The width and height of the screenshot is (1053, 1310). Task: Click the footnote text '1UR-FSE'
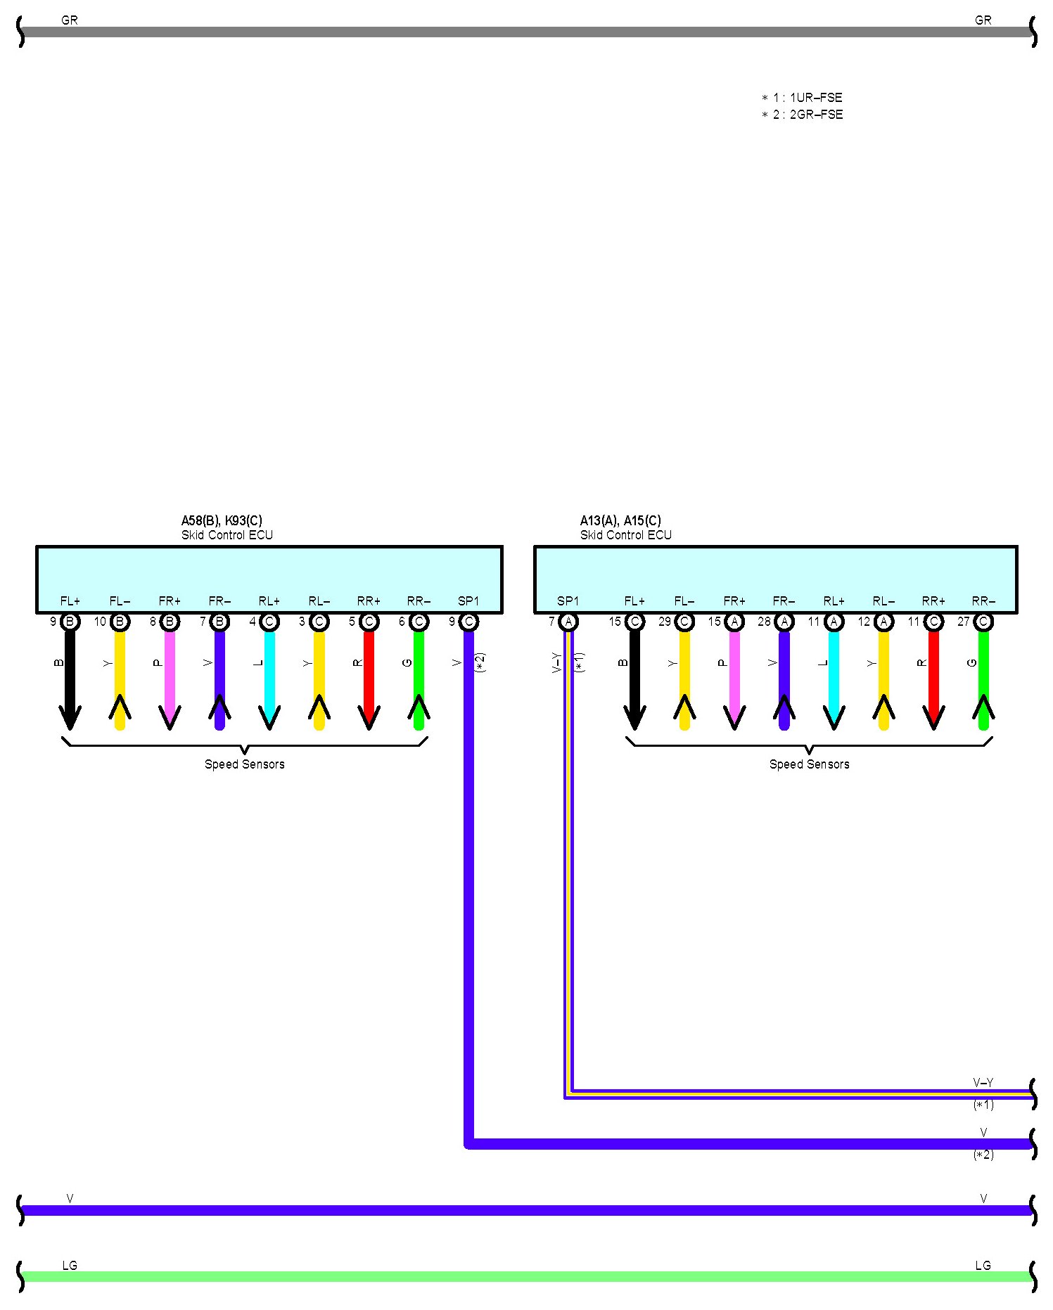pyautogui.click(x=816, y=98)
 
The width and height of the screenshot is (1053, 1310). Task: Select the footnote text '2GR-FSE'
pyautogui.click(x=816, y=115)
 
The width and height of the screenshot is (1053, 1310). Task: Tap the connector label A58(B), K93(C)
pyautogui.click(x=222, y=520)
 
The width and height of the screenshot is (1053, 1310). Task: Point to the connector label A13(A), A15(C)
pyautogui.click(x=620, y=520)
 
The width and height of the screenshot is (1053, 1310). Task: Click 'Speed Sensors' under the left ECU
pyautogui.click(x=245, y=764)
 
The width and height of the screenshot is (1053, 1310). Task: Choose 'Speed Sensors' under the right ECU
pyautogui.click(x=809, y=764)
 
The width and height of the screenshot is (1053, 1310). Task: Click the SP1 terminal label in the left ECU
pyautogui.click(x=468, y=601)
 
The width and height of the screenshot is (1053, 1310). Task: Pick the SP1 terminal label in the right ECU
pyautogui.click(x=568, y=601)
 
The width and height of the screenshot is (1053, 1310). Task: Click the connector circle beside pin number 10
pyautogui.click(x=120, y=622)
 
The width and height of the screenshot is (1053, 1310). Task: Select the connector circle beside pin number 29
pyautogui.click(x=684, y=622)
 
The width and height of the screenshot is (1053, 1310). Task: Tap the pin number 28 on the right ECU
pyautogui.click(x=764, y=622)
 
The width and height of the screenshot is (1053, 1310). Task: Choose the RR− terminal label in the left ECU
pyautogui.click(x=419, y=601)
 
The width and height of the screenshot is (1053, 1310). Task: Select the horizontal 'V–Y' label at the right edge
pyautogui.click(x=983, y=1082)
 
